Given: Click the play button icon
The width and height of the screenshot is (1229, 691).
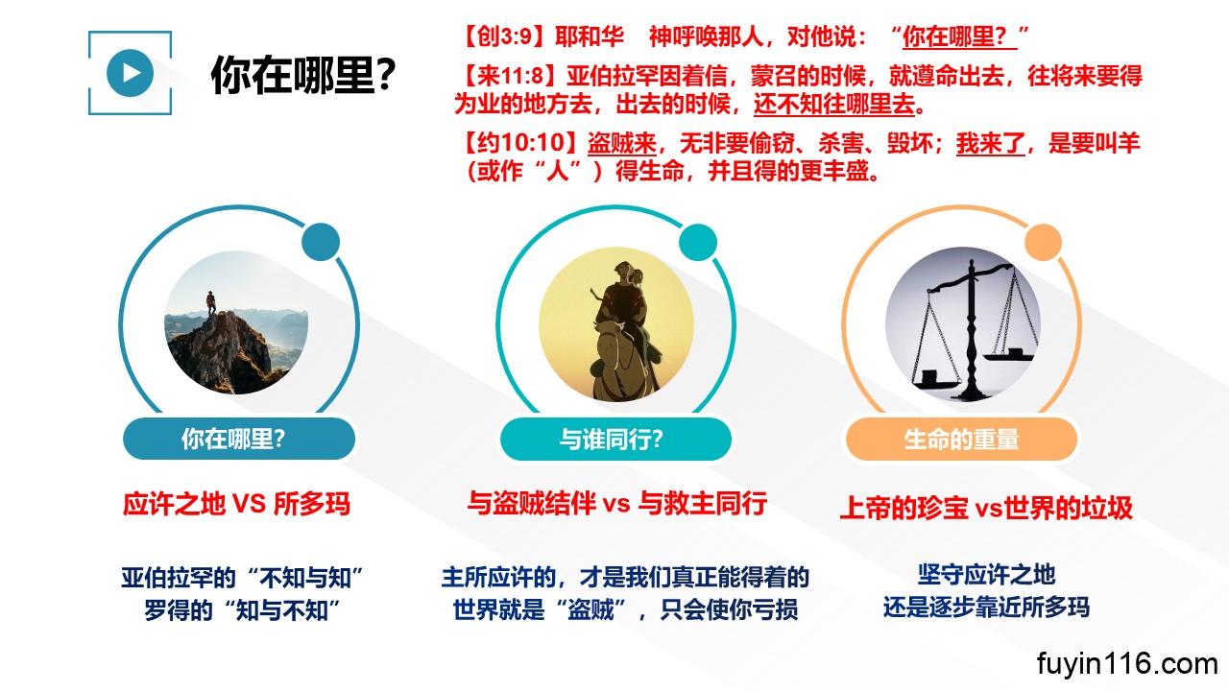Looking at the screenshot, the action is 130,73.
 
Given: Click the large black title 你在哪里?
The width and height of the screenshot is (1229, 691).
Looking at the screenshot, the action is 302,75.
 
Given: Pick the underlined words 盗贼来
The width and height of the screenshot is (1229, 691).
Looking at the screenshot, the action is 621,144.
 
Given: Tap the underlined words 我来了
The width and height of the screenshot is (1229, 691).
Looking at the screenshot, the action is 990,144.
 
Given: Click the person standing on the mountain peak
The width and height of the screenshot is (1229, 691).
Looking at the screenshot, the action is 211,302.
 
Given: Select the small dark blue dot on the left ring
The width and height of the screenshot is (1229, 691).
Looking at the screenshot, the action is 321,242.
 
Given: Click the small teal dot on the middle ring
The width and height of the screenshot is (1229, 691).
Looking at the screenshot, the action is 698,242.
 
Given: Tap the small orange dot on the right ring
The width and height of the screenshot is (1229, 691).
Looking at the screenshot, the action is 1043,242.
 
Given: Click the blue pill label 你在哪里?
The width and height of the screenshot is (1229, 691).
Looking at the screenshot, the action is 239,439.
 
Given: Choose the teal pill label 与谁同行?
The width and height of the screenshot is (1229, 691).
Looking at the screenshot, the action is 615,439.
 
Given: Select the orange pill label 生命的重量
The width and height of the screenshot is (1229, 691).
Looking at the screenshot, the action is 961,439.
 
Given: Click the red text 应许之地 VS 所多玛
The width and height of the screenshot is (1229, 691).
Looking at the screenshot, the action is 236,504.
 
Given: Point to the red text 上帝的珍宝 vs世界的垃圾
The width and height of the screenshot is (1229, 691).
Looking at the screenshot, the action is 986,508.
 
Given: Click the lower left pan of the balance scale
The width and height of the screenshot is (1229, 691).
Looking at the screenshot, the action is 934,380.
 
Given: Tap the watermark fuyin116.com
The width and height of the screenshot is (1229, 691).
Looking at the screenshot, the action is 1127,664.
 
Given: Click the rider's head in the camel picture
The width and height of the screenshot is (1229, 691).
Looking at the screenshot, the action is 623,272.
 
